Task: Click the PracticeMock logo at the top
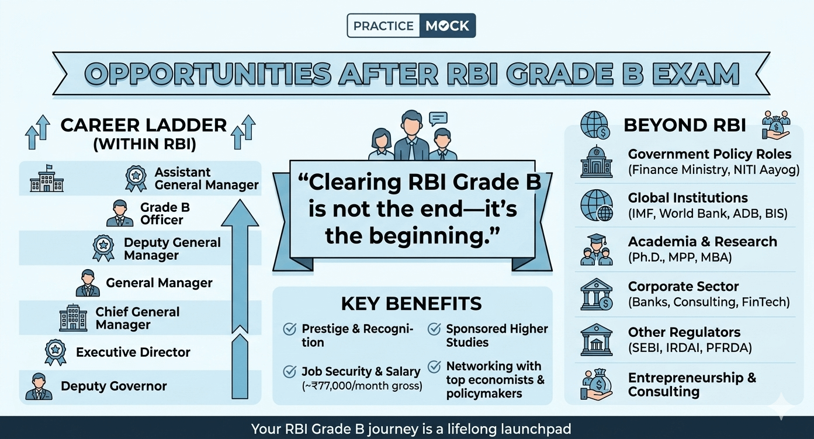[411, 26]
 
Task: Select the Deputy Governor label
[114, 386]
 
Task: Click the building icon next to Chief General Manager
[73, 318]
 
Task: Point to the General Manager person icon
[88, 283]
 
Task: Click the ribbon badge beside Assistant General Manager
[136, 178]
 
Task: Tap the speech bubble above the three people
[438, 119]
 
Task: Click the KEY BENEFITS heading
[411, 304]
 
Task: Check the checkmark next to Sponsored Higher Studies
[434, 329]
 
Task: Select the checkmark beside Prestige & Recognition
[289, 329]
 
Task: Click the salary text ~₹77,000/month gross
[362, 386]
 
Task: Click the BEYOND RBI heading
[684, 125]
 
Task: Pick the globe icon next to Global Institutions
[596, 205]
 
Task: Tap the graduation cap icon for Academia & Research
[596, 249]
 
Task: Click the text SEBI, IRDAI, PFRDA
[690, 348]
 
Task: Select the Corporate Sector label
[683, 287]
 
